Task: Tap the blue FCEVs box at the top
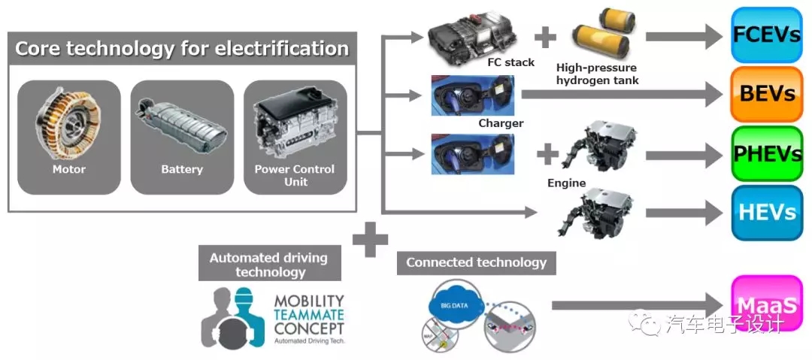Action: click(766, 35)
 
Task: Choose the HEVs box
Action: click(766, 213)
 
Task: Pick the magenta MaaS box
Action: click(766, 304)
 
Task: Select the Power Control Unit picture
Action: click(295, 124)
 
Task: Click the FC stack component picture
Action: click(471, 34)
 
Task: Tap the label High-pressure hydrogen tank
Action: click(598, 73)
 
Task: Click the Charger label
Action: click(501, 123)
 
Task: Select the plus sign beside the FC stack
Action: click(545, 35)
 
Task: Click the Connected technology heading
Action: click(476, 262)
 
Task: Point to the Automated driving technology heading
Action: click(268, 265)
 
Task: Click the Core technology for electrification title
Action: click(182, 50)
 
